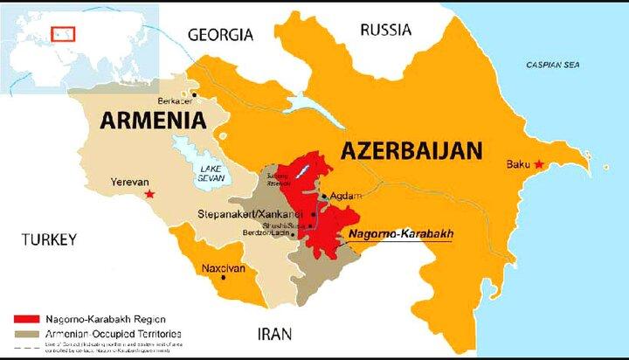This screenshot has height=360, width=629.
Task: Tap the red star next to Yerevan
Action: [150, 194]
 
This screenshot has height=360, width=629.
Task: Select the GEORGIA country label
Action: [221, 35]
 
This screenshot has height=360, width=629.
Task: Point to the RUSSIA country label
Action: [385, 30]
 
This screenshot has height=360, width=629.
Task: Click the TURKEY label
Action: [50, 239]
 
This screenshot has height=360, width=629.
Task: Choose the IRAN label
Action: [274, 333]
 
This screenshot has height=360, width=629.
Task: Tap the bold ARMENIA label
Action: [153, 120]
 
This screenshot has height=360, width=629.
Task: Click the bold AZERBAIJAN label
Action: [411, 150]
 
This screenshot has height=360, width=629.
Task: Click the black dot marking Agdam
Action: [324, 197]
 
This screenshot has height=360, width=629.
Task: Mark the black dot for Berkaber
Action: [196, 94]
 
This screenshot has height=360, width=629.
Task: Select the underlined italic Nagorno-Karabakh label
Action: [400, 234]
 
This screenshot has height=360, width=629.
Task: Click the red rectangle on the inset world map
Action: [63, 34]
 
